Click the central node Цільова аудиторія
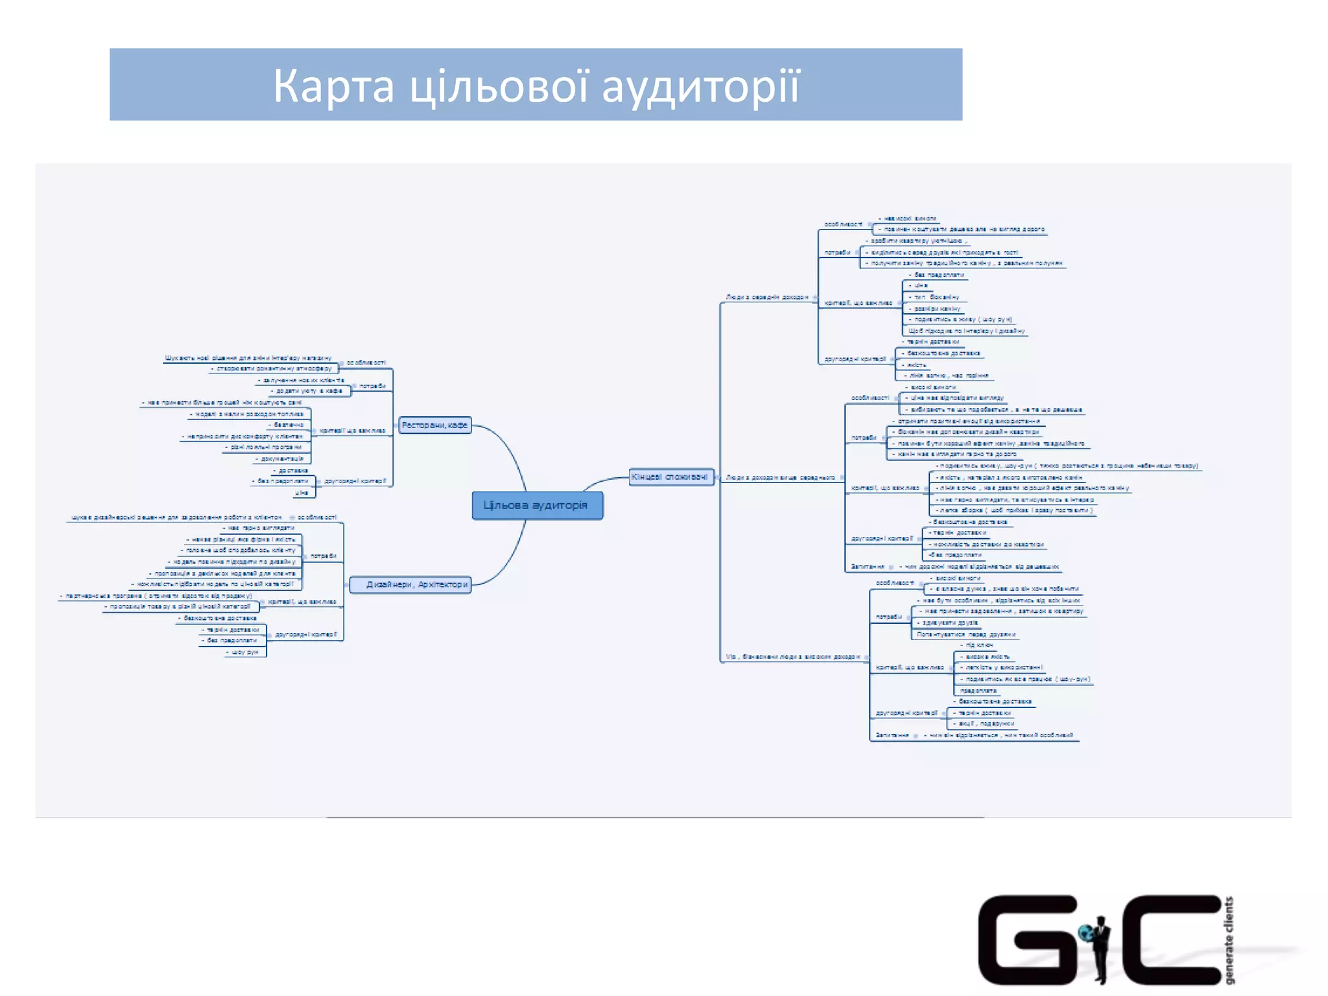(x=537, y=505)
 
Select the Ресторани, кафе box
(x=434, y=425)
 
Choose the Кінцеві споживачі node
(x=670, y=477)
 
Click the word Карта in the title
(x=333, y=86)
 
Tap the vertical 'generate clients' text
(x=1229, y=940)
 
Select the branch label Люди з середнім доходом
(x=767, y=297)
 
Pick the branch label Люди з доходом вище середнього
(x=780, y=477)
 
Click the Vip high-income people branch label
(x=792, y=657)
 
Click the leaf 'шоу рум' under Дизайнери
(x=245, y=652)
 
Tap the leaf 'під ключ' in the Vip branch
(x=979, y=645)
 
